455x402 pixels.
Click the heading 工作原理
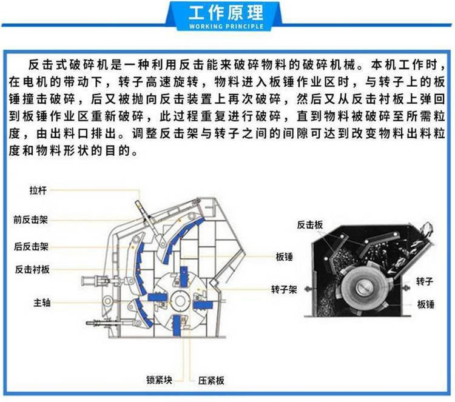(226, 12)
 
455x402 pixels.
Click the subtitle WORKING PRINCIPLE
(226, 27)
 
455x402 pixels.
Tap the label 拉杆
(38, 190)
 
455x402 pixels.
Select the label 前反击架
(30, 219)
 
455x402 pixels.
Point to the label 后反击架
(31, 247)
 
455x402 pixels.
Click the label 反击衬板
(32, 269)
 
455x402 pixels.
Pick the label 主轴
(42, 303)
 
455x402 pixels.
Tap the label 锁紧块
(160, 380)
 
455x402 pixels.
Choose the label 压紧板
(211, 381)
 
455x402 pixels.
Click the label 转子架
(284, 289)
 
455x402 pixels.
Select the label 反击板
(310, 225)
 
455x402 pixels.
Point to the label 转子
(425, 281)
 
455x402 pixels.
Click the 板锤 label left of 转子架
(285, 256)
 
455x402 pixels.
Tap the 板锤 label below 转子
(426, 304)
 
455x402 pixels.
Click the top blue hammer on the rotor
(183, 276)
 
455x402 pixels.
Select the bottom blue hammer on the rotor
(177, 326)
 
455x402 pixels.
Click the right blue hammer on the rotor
(203, 305)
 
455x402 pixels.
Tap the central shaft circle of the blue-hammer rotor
(180, 301)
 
